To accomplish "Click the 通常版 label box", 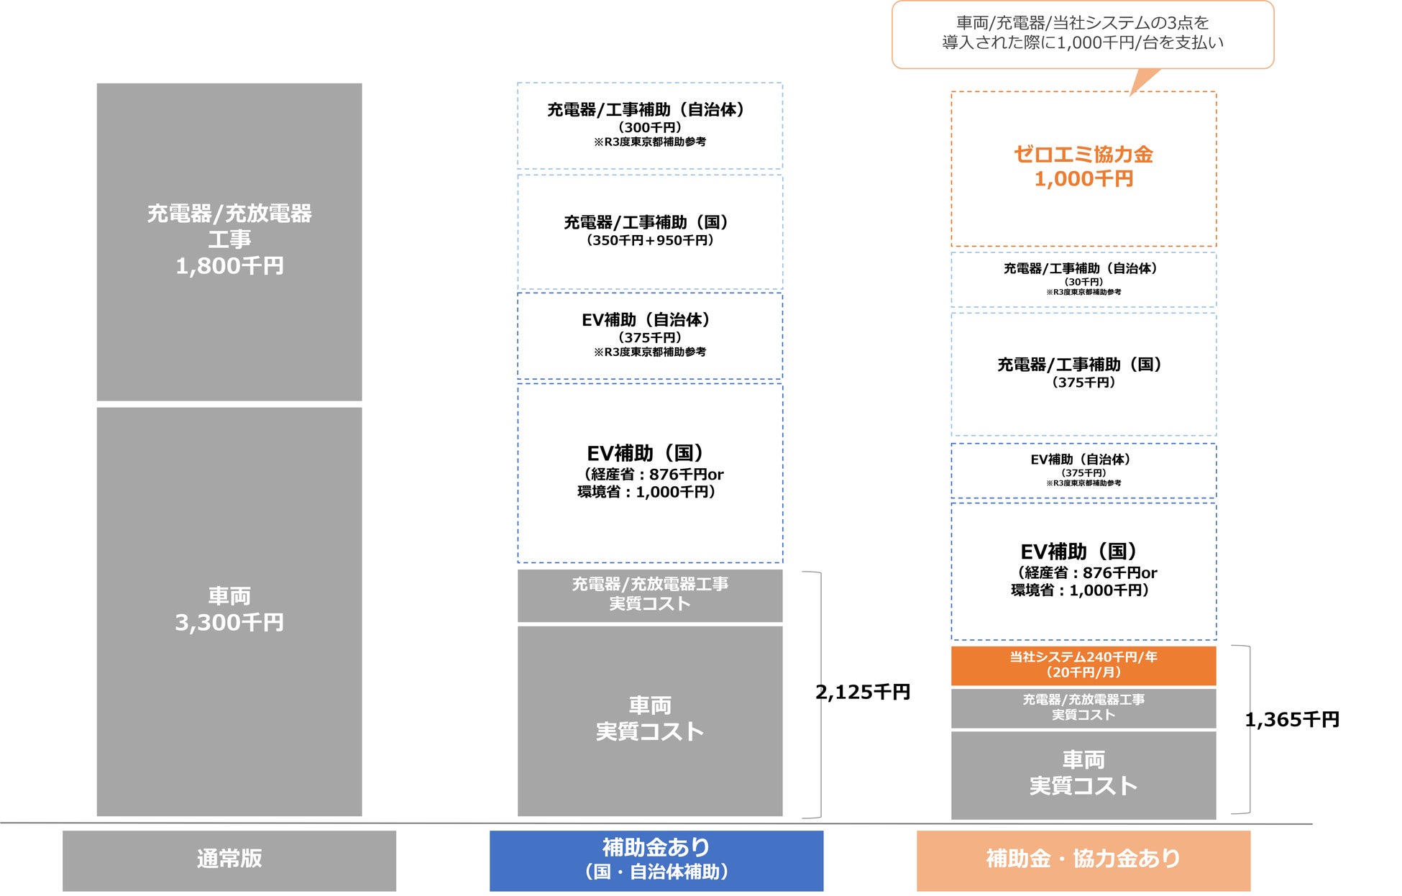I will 229,860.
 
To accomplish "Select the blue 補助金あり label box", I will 656,860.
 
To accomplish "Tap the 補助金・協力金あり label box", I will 1083,860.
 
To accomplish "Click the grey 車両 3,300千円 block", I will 229,611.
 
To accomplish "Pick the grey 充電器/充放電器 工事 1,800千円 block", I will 229,241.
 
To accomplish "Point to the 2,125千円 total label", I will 863,692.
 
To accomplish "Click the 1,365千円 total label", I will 1292,720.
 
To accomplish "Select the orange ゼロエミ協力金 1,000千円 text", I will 1083,167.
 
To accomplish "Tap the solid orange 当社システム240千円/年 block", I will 1083,665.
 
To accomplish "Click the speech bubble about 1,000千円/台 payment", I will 1083,34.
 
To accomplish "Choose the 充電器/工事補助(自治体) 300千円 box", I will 650,125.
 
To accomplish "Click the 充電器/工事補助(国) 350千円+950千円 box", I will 650,232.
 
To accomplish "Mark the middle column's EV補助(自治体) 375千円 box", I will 650,335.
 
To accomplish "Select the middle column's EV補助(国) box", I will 650,472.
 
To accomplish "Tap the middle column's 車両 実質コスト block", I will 650,720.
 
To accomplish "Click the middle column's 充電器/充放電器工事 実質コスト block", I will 650,595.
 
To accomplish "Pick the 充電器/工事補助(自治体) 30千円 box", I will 1083,279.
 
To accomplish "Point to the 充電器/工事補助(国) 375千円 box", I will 1083,373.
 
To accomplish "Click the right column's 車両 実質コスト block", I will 1083,774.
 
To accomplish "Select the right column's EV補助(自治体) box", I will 1083,470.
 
